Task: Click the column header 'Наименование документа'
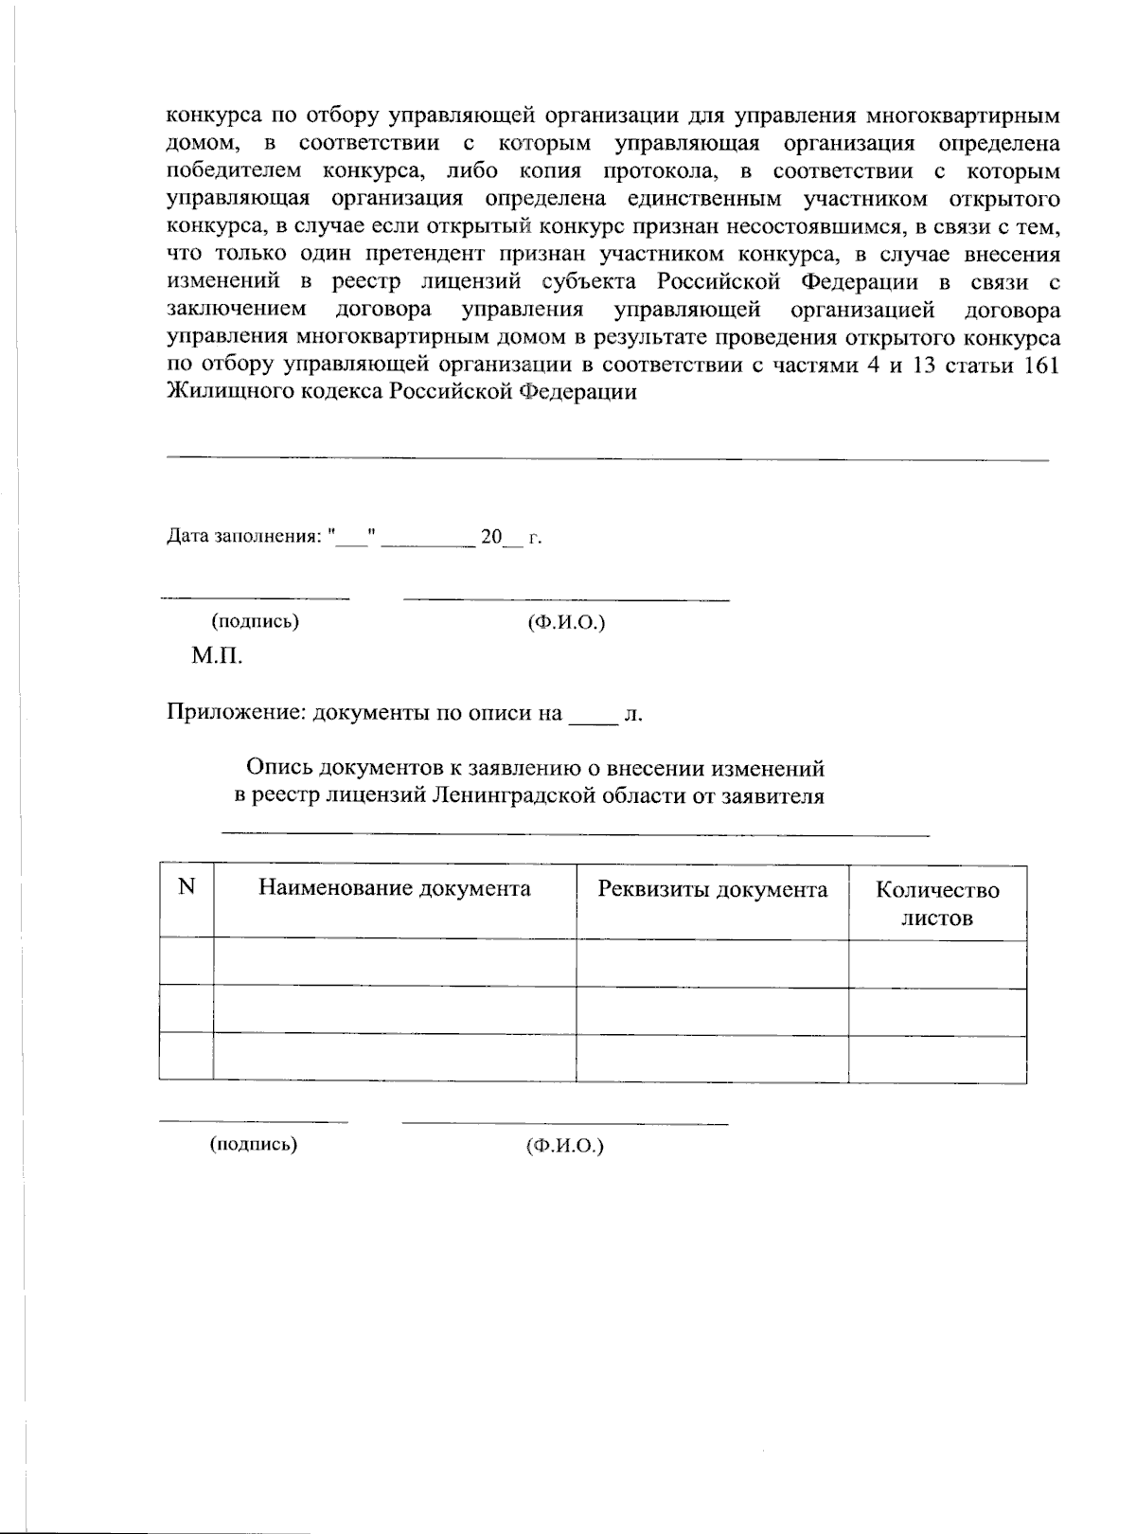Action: coord(394,888)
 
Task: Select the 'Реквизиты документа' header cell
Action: coord(712,889)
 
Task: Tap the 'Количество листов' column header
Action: coord(937,903)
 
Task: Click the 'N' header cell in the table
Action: coord(186,886)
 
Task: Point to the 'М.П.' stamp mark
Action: coord(217,655)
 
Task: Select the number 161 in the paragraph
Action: coord(1041,366)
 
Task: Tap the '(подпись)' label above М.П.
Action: coord(255,621)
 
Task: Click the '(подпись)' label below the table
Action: coord(253,1144)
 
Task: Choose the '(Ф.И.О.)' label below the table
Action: coord(564,1146)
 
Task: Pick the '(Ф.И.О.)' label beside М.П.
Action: coord(565,622)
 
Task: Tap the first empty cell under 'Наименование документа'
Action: coord(394,963)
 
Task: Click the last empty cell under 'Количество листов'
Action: coord(937,1058)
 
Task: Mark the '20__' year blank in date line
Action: coord(501,538)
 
